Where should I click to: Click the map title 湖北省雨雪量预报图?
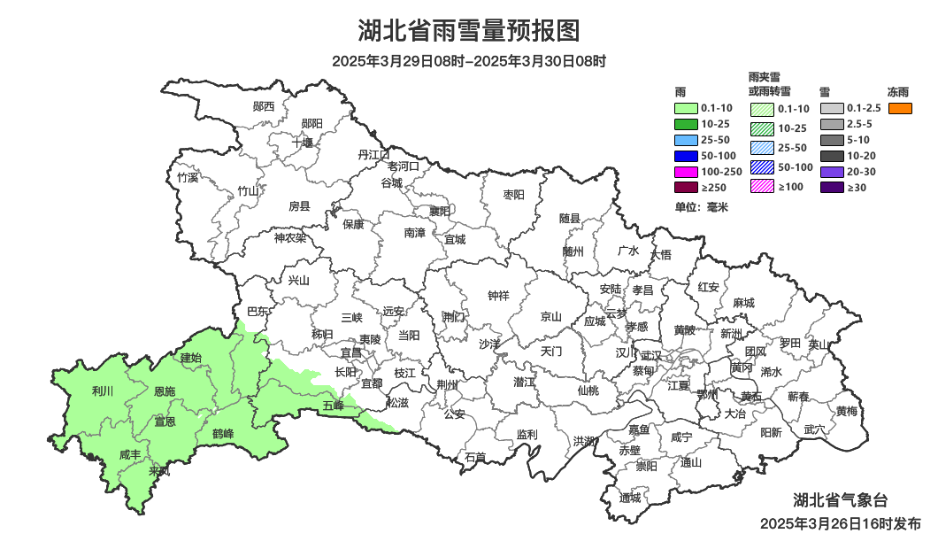[x=468, y=31]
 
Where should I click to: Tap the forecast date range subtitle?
[x=468, y=61]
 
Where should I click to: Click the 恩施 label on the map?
[x=165, y=391]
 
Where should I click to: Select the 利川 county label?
[x=103, y=391]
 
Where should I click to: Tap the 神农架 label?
[x=289, y=237]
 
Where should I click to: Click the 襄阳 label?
[x=439, y=211]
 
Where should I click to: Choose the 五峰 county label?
[x=333, y=406]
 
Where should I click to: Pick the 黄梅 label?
[x=846, y=411]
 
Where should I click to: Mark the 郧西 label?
[x=264, y=106]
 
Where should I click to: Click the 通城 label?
[x=630, y=498]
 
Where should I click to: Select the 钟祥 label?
[x=499, y=296]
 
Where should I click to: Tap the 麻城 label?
[x=744, y=303]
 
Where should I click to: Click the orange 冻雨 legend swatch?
[x=900, y=108]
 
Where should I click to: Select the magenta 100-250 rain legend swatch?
[x=686, y=172]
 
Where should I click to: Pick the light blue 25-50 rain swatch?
[x=686, y=140]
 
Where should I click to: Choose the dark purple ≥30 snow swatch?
[x=832, y=188]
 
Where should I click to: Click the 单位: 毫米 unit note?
[x=701, y=207]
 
